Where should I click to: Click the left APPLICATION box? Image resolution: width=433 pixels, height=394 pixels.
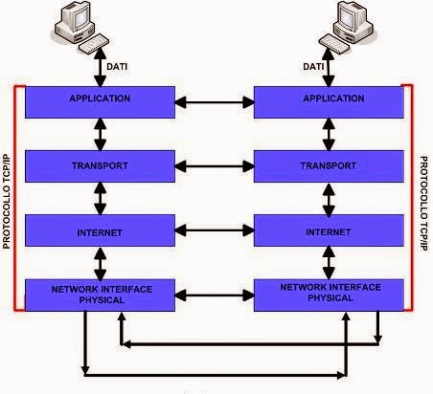coord(100,99)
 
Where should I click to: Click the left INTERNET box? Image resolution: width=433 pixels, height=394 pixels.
coord(100,232)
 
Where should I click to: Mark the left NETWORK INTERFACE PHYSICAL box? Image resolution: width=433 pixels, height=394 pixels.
coord(100,294)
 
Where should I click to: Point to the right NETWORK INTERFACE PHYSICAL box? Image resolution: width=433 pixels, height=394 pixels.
coord(328,294)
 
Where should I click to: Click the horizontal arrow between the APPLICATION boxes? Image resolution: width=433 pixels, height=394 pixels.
coord(214,99)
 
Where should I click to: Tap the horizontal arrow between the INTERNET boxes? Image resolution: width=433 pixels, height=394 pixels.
coord(214,232)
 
